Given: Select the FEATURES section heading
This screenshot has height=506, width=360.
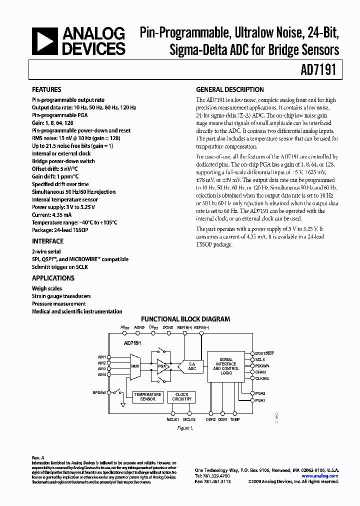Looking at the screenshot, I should (46, 90).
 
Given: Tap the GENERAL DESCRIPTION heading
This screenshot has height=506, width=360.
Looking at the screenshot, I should (230, 90).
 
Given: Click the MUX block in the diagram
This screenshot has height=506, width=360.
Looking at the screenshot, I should (135, 366).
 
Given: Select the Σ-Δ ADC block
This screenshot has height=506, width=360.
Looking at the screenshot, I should (191, 366).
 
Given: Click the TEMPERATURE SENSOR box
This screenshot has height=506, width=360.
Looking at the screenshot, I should (147, 397).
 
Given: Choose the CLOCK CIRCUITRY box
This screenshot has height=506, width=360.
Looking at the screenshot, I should (181, 397).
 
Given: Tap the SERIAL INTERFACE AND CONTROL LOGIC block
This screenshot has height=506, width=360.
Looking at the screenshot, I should (226, 366).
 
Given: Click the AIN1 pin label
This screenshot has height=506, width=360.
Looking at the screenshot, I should (101, 357).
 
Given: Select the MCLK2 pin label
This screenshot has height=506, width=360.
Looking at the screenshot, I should (188, 419).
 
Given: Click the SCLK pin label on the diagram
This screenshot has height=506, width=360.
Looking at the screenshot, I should (260, 359).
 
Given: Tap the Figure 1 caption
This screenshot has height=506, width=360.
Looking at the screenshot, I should (185, 428).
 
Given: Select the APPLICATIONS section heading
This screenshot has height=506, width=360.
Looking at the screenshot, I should (53, 278).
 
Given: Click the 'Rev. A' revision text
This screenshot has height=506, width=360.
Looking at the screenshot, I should (38, 457).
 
